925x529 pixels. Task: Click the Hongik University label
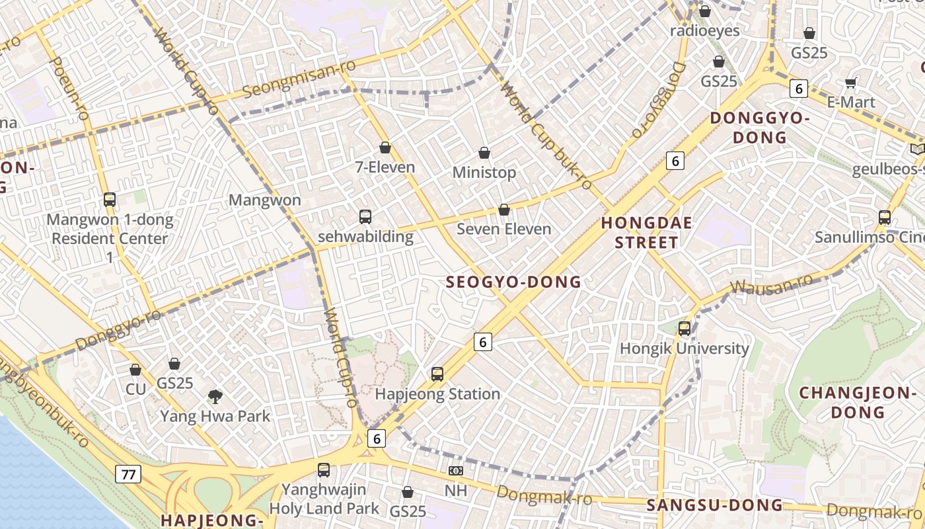pos(684,348)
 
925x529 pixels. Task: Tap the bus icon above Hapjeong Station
pos(437,374)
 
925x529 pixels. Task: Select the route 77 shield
pos(128,473)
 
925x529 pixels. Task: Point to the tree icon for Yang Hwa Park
pos(215,397)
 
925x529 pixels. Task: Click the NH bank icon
pos(455,471)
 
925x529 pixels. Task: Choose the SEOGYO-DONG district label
pos(513,282)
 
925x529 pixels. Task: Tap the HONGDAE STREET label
pos(646,233)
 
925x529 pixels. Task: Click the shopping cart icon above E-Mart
pos(851,83)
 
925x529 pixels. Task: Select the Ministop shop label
pos(484,173)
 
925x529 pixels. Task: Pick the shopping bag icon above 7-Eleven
pos(385,147)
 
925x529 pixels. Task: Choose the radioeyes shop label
pos(705,30)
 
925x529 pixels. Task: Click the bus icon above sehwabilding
pos(365,216)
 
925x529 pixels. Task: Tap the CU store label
pos(135,389)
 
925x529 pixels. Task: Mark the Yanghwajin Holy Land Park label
pos(324,499)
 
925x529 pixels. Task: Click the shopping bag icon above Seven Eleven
pos(504,210)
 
